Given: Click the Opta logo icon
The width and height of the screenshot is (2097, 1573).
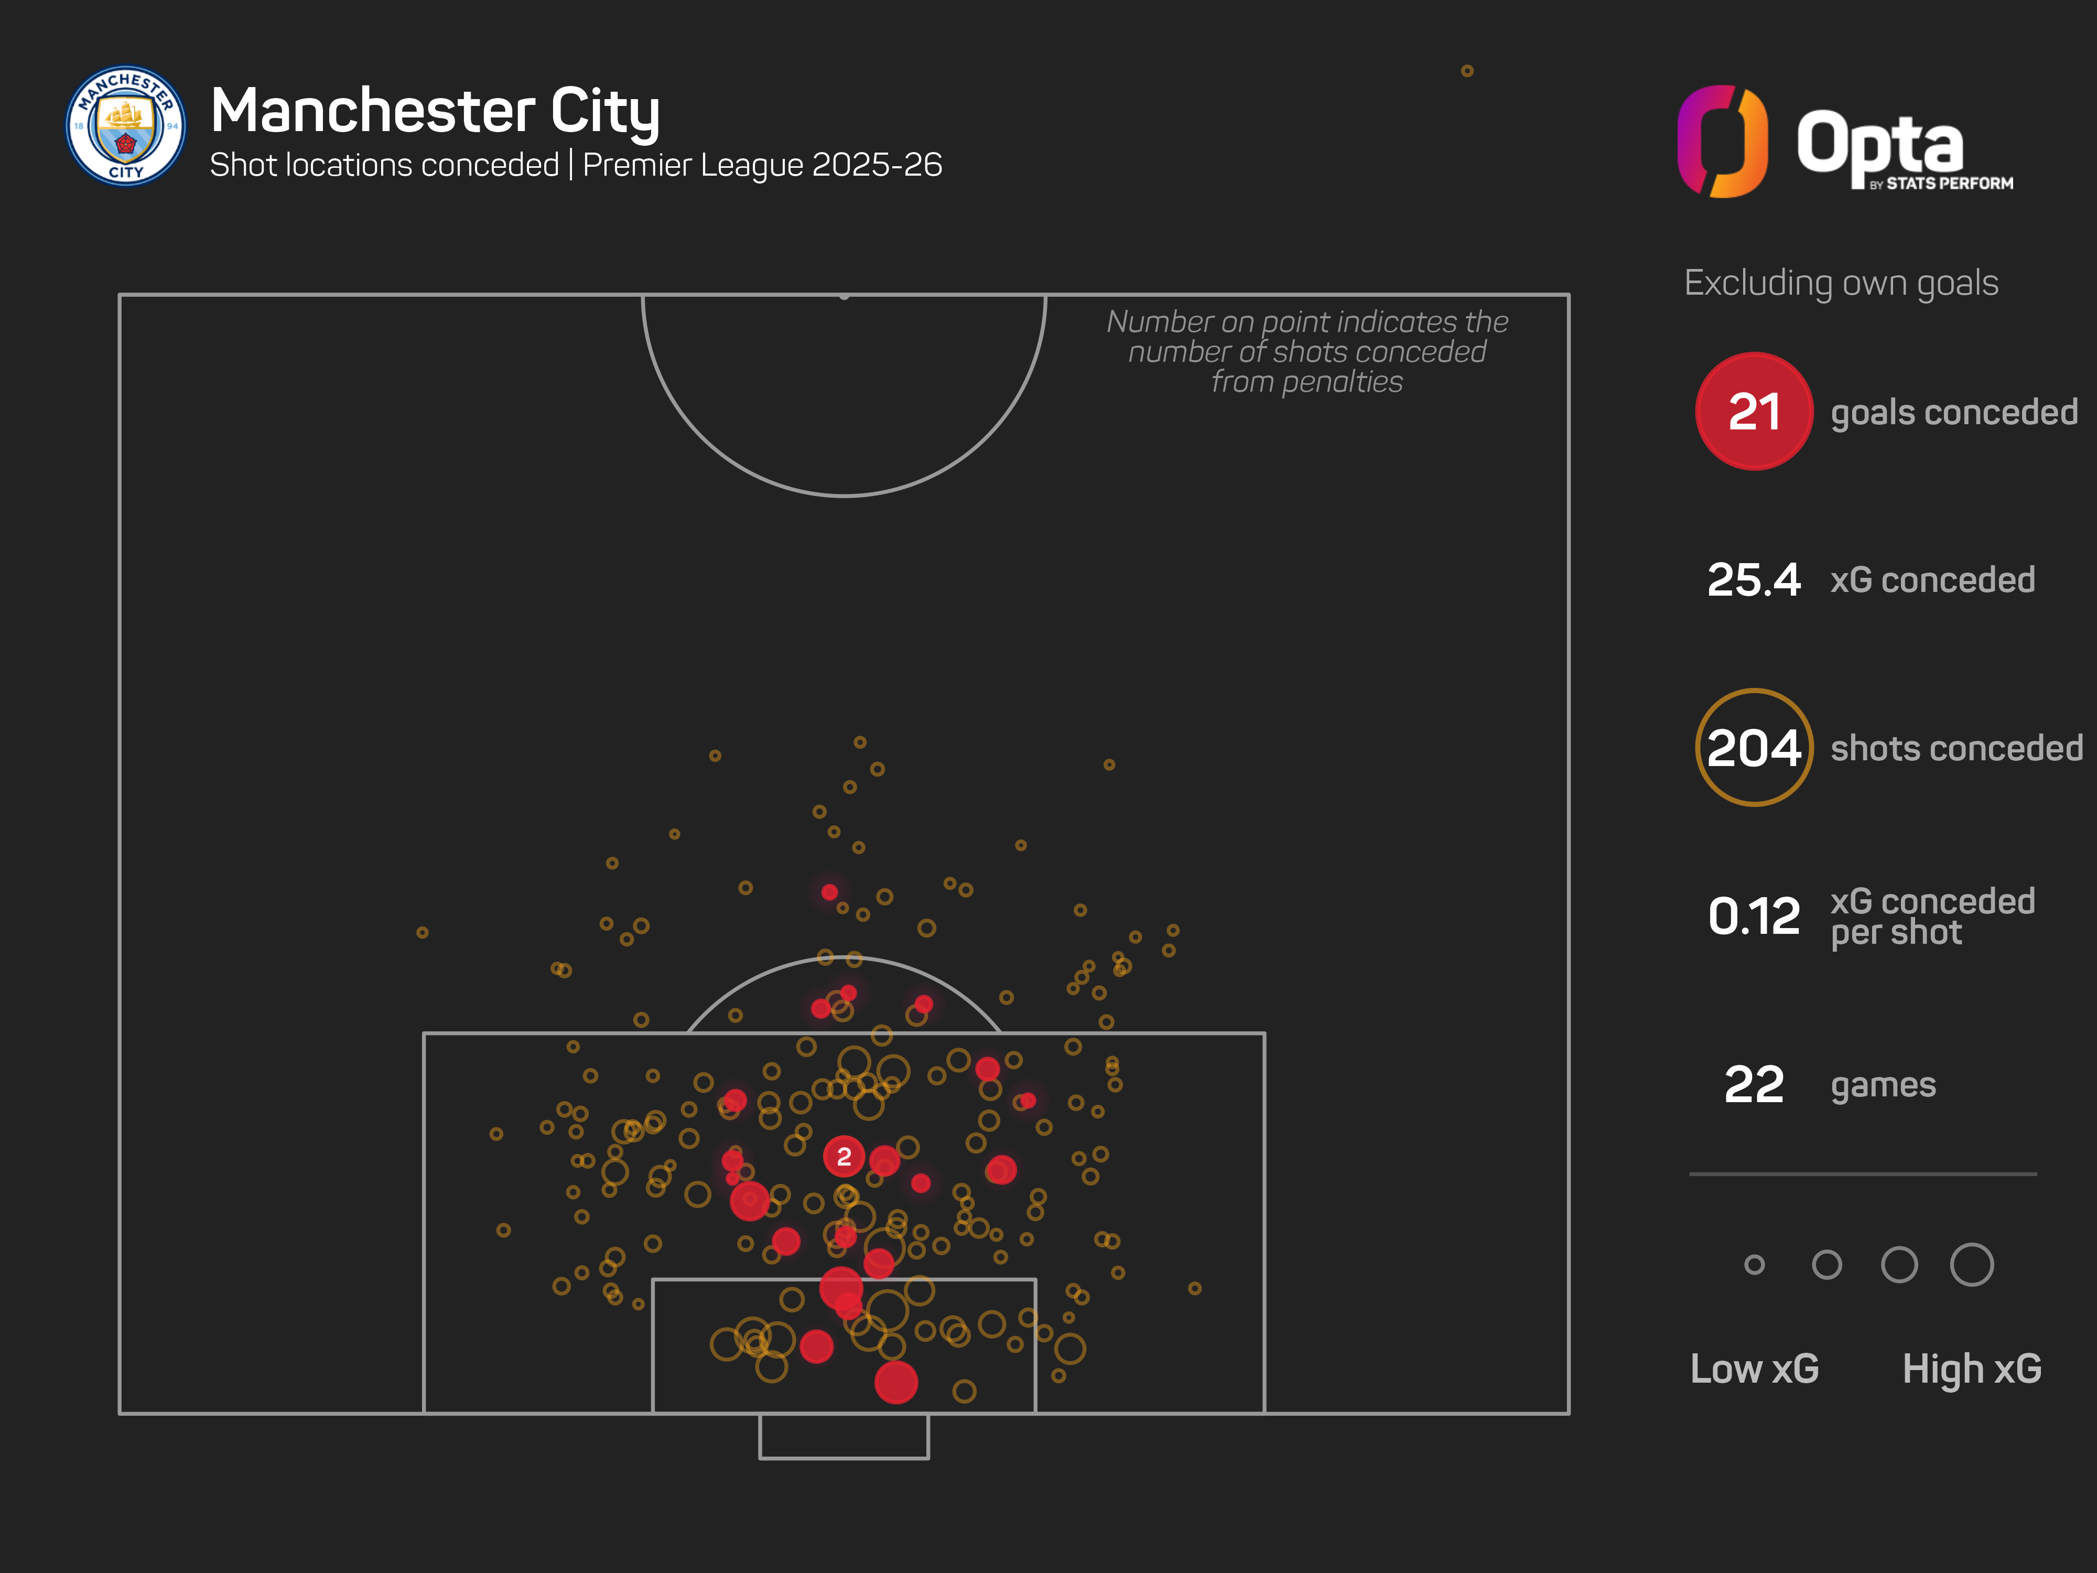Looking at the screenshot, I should pyautogui.click(x=1722, y=142).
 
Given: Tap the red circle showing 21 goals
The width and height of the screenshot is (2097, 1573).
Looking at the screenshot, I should pyautogui.click(x=1753, y=412).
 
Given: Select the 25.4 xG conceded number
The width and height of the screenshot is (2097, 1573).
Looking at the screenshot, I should pyautogui.click(x=1753, y=579).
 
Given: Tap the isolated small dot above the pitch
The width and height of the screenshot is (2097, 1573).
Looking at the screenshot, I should pyautogui.click(x=1466, y=71).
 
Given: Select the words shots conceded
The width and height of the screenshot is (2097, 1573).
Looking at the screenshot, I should pyautogui.click(x=1957, y=748).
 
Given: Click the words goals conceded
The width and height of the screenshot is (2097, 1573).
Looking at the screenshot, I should pyautogui.click(x=1954, y=413).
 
